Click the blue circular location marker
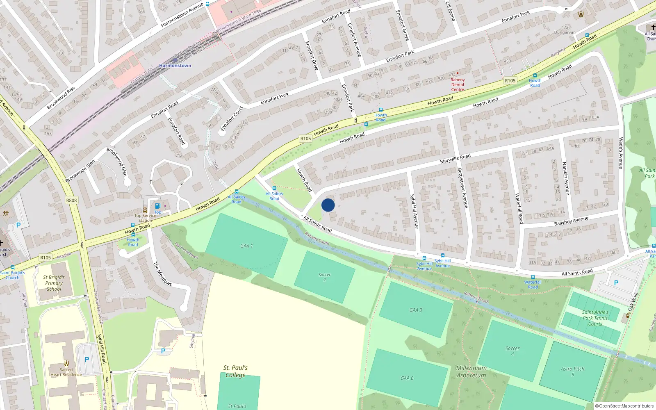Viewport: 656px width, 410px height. pyautogui.click(x=328, y=205)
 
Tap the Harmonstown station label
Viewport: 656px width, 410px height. pyautogui.click(x=175, y=66)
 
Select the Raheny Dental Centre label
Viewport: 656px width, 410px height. pyautogui.click(x=458, y=84)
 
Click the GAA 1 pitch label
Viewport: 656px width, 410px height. pyautogui.click(x=246, y=246)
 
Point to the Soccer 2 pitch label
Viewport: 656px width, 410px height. pyautogui.click(x=324, y=277)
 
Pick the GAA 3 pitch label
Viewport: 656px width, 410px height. pyautogui.click(x=416, y=310)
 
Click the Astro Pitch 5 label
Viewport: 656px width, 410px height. pyautogui.click(x=573, y=371)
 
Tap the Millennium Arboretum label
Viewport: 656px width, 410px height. pyautogui.click(x=471, y=371)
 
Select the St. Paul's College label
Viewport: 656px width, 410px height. pyautogui.click(x=235, y=371)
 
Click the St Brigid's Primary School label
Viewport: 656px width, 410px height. pyautogui.click(x=54, y=283)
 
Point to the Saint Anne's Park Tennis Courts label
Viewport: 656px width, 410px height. pyautogui.click(x=595, y=318)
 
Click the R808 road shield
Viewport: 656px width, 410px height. pyautogui.click(x=71, y=200)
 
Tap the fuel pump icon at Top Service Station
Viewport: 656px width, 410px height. pyautogui.click(x=157, y=206)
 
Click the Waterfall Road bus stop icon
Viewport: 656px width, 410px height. pyautogui.click(x=533, y=277)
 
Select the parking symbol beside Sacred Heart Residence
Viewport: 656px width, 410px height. pyautogui.click(x=87, y=360)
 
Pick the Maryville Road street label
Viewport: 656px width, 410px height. pyautogui.click(x=455, y=159)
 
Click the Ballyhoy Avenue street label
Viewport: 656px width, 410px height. pyautogui.click(x=571, y=221)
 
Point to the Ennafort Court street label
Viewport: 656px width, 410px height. pyautogui.click(x=232, y=118)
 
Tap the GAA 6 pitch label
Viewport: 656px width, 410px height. pyautogui.click(x=407, y=378)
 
